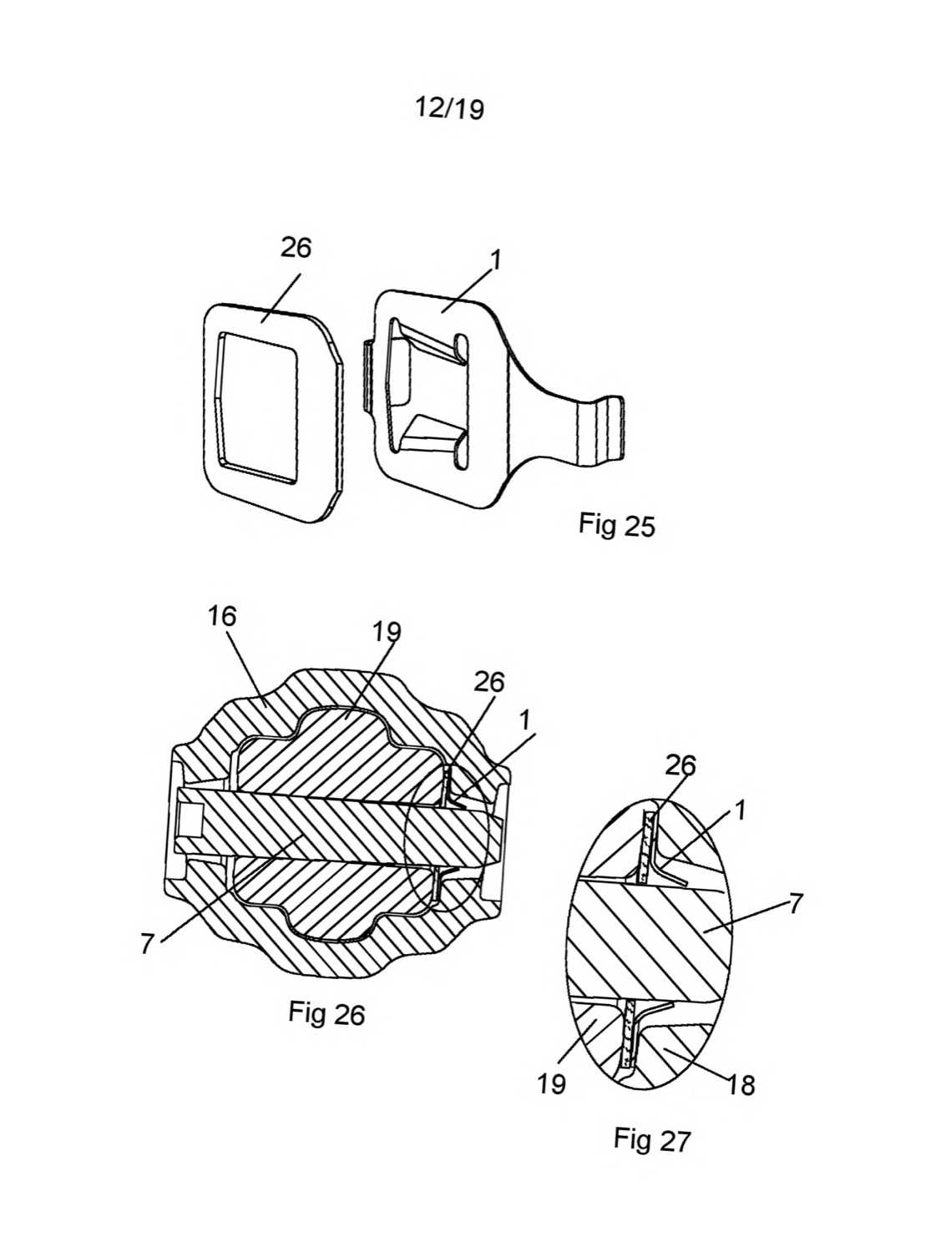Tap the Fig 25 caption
pos(616,526)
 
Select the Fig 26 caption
pos(327,1013)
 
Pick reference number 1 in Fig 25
pos(496,260)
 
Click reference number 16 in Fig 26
pos(221,617)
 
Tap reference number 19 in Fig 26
pos(387,632)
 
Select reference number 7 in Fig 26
pos(147,944)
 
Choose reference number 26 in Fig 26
pos(489,683)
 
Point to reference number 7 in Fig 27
pos(794,904)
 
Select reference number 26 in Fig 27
pos(681,765)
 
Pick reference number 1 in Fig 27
pos(741,811)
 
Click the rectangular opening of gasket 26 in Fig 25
pos(258,407)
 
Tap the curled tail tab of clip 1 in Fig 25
pos(600,431)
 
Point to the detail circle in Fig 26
pos(407,836)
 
